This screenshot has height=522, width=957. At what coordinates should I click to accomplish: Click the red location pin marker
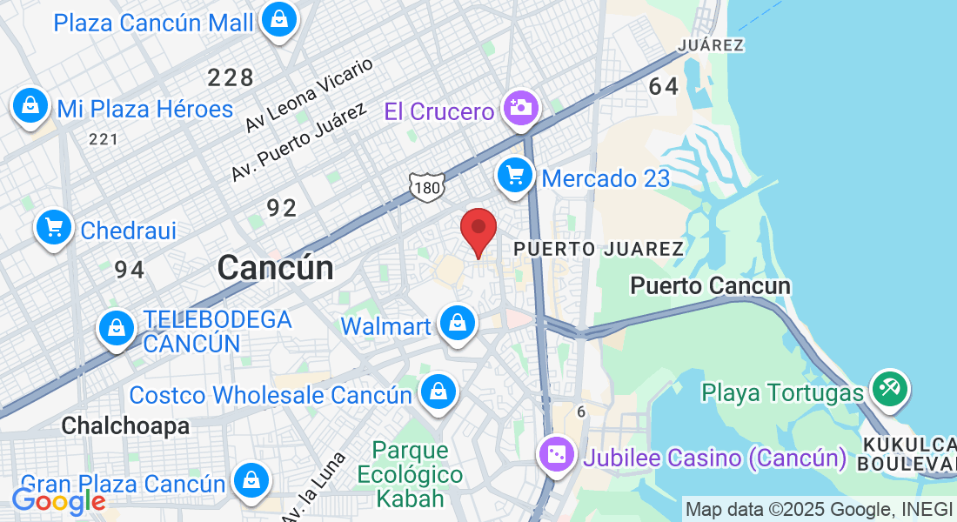tap(478, 229)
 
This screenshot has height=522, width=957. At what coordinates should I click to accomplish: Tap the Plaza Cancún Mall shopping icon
tap(279, 19)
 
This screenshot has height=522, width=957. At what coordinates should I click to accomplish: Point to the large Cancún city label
tap(275, 267)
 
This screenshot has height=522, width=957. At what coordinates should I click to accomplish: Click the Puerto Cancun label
tap(710, 285)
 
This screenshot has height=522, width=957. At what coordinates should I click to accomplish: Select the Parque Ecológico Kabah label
tap(410, 474)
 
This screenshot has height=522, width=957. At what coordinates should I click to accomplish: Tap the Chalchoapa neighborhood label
tap(125, 425)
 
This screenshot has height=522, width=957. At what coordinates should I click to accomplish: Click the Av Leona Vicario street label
tap(309, 95)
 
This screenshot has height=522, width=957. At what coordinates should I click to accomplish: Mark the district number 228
tap(231, 77)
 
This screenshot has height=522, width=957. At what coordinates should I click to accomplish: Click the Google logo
tap(57, 501)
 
